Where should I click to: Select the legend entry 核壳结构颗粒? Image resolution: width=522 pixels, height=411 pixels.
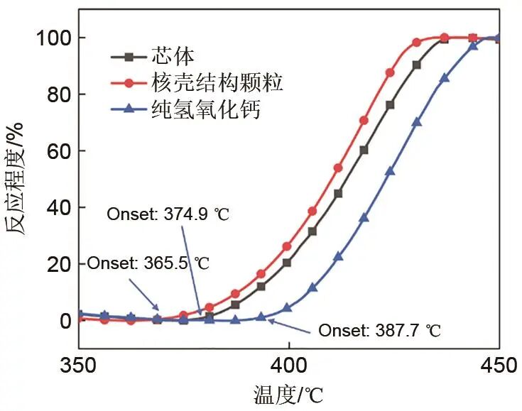point(217,83)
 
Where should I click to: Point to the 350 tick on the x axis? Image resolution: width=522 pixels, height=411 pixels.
point(78,366)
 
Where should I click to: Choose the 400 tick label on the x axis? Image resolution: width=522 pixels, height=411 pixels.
point(288,366)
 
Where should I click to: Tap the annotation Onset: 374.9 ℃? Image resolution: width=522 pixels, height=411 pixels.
point(168,213)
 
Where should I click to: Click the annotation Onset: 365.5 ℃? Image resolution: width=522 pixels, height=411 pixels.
point(148,263)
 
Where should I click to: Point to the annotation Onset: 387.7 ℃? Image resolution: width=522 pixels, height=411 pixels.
point(379,331)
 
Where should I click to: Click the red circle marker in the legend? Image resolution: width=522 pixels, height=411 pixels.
point(129,84)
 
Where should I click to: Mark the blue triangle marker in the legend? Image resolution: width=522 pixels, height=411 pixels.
point(129,110)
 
